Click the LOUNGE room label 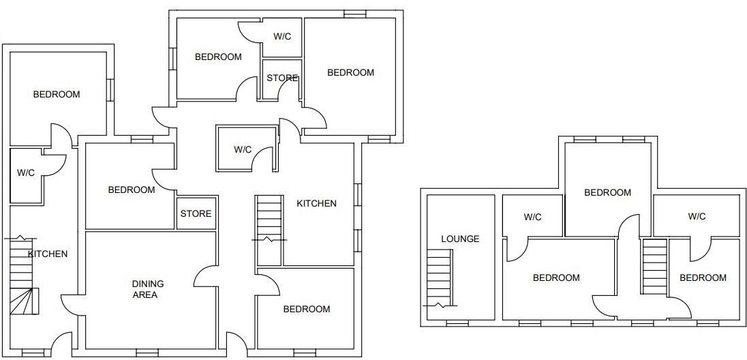click(x=460, y=239)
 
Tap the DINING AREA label click(x=148, y=289)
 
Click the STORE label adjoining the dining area click(x=196, y=214)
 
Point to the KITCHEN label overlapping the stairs click(x=48, y=254)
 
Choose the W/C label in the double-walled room click(x=243, y=149)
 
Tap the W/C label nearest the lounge click(x=532, y=217)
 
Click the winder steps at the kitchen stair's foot click(x=25, y=301)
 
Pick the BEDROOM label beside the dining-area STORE click(x=132, y=190)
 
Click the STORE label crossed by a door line click(x=282, y=78)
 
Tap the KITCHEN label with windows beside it click(x=316, y=203)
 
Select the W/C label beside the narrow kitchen click(x=26, y=173)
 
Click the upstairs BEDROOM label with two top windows click(x=607, y=193)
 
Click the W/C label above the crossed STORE click(x=282, y=36)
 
